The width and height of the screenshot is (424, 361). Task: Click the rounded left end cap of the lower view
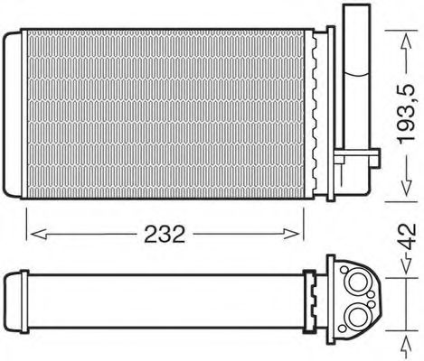tap(14, 300)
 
